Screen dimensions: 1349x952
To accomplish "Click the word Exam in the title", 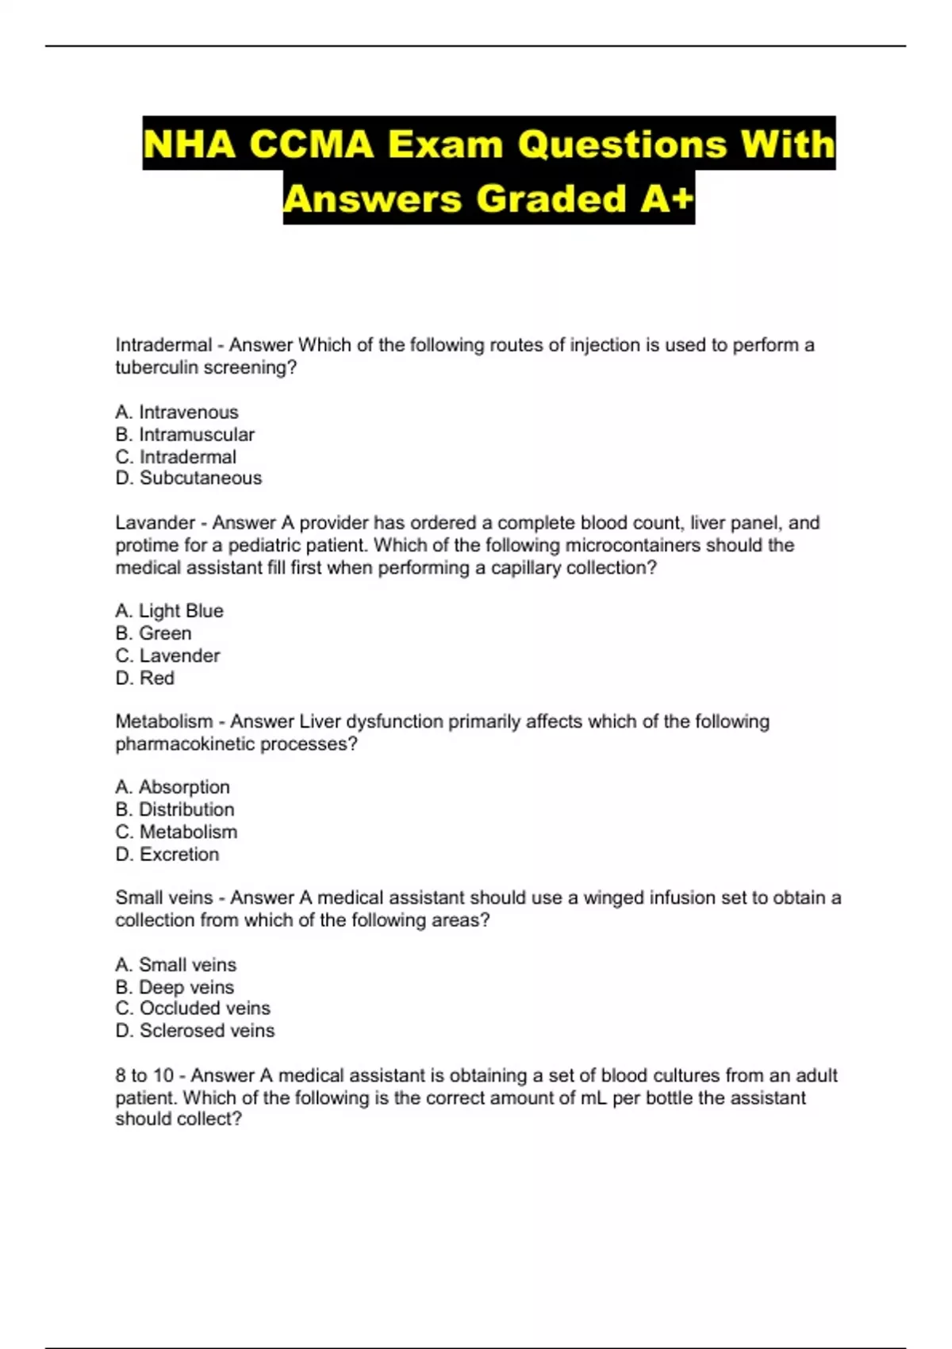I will tap(445, 144).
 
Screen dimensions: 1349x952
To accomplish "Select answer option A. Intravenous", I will tap(176, 412).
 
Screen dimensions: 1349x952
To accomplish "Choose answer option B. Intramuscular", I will tap(185, 434).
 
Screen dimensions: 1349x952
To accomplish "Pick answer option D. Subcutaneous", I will tap(188, 478).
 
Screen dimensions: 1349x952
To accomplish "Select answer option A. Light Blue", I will tap(169, 610).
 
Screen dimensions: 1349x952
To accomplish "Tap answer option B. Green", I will tap(153, 632).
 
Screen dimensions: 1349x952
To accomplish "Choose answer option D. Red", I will tap(144, 678).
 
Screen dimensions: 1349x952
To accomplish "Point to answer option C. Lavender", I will tap(167, 655).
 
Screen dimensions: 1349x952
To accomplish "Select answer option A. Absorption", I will tap(172, 786).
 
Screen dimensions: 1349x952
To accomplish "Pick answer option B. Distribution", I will tap(175, 809).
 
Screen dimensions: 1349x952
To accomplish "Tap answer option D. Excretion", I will tap(167, 854).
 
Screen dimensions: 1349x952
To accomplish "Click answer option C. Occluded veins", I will tap(193, 1008).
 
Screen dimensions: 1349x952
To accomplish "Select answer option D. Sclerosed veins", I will tap(195, 1030).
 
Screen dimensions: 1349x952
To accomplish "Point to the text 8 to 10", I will tap(144, 1075).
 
